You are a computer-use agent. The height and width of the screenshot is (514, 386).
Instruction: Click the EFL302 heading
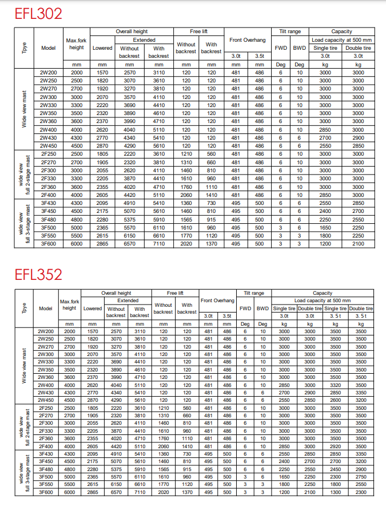point(38,13)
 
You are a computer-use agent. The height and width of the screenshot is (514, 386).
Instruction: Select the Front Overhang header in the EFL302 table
point(248,40)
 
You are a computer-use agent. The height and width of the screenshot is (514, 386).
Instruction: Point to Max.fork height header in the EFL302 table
point(77,44)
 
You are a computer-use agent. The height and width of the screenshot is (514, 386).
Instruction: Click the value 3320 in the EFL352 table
point(335,385)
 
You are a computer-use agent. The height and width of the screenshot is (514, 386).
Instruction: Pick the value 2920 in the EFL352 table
point(335,446)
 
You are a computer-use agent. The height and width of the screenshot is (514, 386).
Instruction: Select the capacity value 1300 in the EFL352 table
point(335,492)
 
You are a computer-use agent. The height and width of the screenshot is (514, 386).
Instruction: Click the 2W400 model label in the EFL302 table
point(49,129)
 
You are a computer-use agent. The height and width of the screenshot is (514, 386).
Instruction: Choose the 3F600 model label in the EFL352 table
point(46,492)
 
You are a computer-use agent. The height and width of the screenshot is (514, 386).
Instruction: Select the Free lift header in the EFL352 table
point(175,293)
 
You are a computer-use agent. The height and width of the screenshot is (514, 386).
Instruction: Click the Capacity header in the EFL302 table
point(341,31)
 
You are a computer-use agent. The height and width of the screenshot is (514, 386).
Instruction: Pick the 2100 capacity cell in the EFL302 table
point(358,243)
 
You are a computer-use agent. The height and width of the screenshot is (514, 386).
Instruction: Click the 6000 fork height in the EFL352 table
point(69,492)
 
